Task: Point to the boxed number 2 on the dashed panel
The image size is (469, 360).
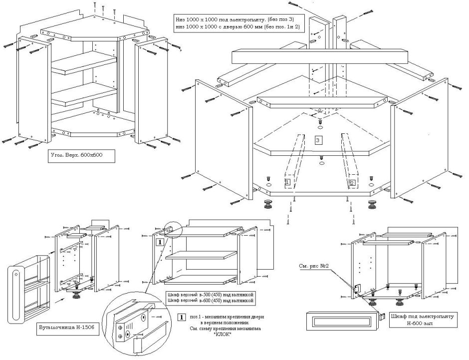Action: click(353, 183)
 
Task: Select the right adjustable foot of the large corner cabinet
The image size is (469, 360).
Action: click(372, 205)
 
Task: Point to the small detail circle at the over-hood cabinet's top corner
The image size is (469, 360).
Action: click(171, 230)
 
